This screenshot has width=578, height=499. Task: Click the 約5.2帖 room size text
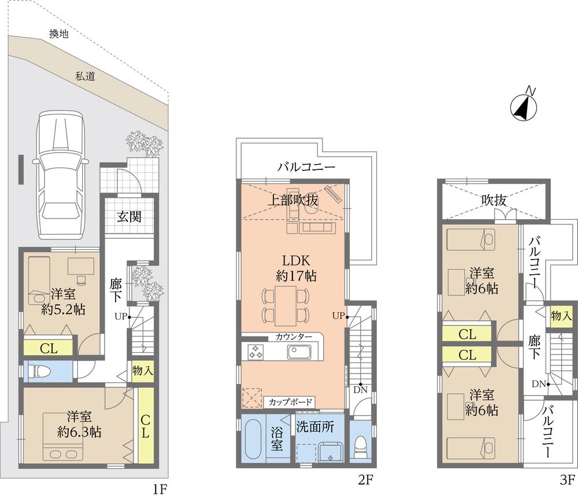pos(63,309)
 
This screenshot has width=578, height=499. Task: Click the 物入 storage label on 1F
pos(142,370)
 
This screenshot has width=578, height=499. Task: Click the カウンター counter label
pos(293,337)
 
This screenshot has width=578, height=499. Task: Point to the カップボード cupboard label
pos(290,402)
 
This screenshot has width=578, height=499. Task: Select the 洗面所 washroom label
pos(315,427)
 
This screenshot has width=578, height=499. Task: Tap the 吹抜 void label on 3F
pos(494,200)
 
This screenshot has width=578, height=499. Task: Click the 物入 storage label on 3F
pos(561,316)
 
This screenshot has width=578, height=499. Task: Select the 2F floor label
pos(364,479)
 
